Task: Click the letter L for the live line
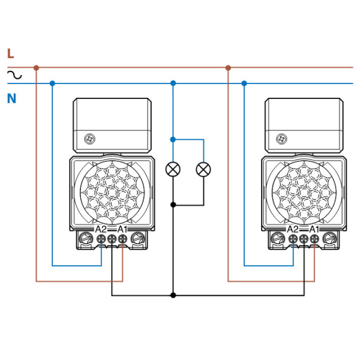(x=10, y=54)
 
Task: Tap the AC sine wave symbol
(x=14, y=76)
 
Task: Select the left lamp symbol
(x=173, y=169)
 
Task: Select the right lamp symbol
(x=204, y=169)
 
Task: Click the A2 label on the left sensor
(x=100, y=229)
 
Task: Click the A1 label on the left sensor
(x=122, y=229)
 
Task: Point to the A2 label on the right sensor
(x=292, y=229)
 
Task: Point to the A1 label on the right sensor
(x=314, y=229)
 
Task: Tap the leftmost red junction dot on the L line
(x=36, y=68)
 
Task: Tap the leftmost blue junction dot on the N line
(x=52, y=83)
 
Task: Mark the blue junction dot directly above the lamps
(x=173, y=139)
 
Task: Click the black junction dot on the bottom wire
(x=173, y=295)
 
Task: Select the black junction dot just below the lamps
(x=173, y=205)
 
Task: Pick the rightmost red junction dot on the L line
(x=228, y=68)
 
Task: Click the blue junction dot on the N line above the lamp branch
(x=173, y=83)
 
